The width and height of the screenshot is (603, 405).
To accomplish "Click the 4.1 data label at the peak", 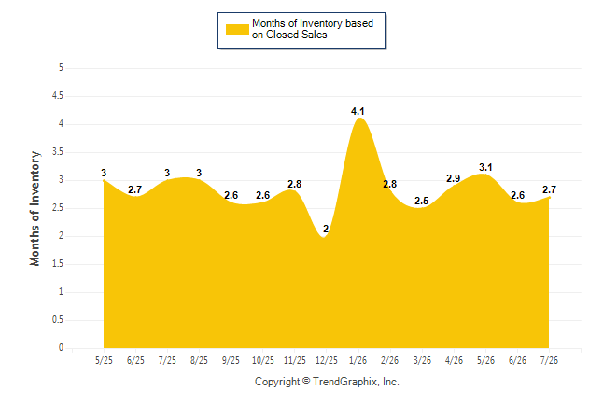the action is point(358,112).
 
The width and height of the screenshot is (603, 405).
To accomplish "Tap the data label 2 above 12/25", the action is point(326,229).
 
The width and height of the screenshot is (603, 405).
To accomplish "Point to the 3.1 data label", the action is point(485,167).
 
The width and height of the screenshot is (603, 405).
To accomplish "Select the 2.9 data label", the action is point(454,178).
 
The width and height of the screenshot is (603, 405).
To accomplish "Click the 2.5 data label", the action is point(422,201).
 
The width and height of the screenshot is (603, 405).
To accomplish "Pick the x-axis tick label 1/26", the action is point(358,360).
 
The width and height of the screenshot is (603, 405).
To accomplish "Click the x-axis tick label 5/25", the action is point(104,360).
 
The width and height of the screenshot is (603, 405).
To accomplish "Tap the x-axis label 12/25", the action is point(326,360).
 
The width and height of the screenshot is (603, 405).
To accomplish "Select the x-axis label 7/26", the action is point(549,360).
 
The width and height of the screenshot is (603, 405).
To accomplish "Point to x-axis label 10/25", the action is point(262,360).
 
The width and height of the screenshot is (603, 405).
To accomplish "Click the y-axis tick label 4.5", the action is point(58,96).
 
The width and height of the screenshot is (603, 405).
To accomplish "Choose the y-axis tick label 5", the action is point(61,68).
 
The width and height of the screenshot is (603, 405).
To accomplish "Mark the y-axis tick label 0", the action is point(61,348).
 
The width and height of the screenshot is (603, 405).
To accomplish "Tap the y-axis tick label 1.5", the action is point(58,264).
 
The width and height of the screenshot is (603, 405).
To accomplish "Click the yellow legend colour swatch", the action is point(237,30).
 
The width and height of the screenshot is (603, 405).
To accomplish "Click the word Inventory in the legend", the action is point(321,23).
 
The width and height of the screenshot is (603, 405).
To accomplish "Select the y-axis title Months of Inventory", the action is point(35,208).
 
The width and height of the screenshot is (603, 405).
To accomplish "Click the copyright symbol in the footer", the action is point(306,381).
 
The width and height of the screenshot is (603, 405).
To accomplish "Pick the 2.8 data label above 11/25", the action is point(294,184).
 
